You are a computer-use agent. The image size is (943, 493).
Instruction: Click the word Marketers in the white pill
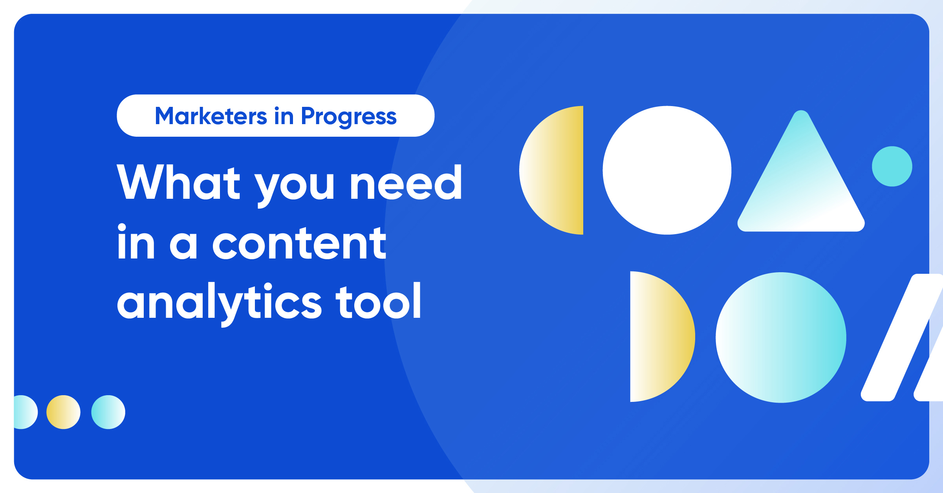pyautogui.click(x=211, y=116)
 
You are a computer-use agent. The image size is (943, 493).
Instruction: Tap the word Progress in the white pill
pyautogui.click(x=349, y=117)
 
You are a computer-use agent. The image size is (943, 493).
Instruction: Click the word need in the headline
pyautogui.click(x=406, y=182)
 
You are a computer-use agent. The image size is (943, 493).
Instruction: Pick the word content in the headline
pyautogui.click(x=299, y=244)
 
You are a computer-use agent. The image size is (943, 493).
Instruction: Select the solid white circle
pyautogui.click(x=667, y=170)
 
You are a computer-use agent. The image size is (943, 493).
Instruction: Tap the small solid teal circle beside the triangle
pyautogui.click(x=892, y=166)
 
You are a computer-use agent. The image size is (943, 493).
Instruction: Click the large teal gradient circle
pyautogui.click(x=781, y=337)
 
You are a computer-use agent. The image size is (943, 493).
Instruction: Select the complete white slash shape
pyautogui.click(x=902, y=337)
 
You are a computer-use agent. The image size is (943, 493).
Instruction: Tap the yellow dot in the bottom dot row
pyautogui.click(x=63, y=412)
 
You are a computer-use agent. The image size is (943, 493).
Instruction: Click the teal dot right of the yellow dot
pyautogui.click(x=108, y=412)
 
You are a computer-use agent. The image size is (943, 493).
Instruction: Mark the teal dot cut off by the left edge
pyautogui.click(x=26, y=412)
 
